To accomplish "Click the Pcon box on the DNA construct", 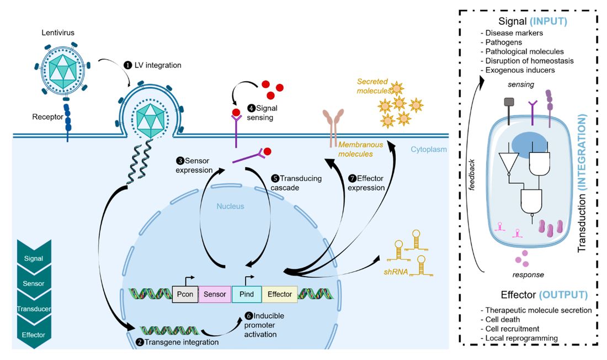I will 184,294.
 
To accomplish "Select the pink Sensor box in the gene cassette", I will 214,294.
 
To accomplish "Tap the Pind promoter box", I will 246,294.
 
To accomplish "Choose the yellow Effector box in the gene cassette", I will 279,294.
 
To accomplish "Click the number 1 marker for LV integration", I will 128,65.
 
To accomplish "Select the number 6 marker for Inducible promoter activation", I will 248,316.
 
